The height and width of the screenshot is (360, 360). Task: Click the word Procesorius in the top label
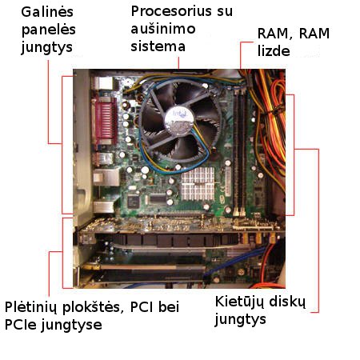[172, 11]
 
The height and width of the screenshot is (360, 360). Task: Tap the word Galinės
[47, 12]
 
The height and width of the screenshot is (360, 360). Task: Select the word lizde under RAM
[274, 51]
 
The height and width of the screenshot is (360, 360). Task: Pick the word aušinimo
[163, 29]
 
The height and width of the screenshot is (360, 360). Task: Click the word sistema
[158, 46]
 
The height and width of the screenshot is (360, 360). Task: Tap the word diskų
[287, 302]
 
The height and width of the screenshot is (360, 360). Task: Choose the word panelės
[49, 30]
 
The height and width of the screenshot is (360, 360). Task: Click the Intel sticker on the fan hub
[179, 120]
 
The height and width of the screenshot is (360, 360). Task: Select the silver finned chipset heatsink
[198, 184]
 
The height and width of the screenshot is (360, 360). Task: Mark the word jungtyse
[71, 326]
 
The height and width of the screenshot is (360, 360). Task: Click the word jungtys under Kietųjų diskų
[241, 320]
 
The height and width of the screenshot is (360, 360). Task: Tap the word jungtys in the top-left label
[46, 48]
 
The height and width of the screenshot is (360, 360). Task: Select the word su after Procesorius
[225, 12]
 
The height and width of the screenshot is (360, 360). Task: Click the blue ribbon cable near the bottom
[234, 262]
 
